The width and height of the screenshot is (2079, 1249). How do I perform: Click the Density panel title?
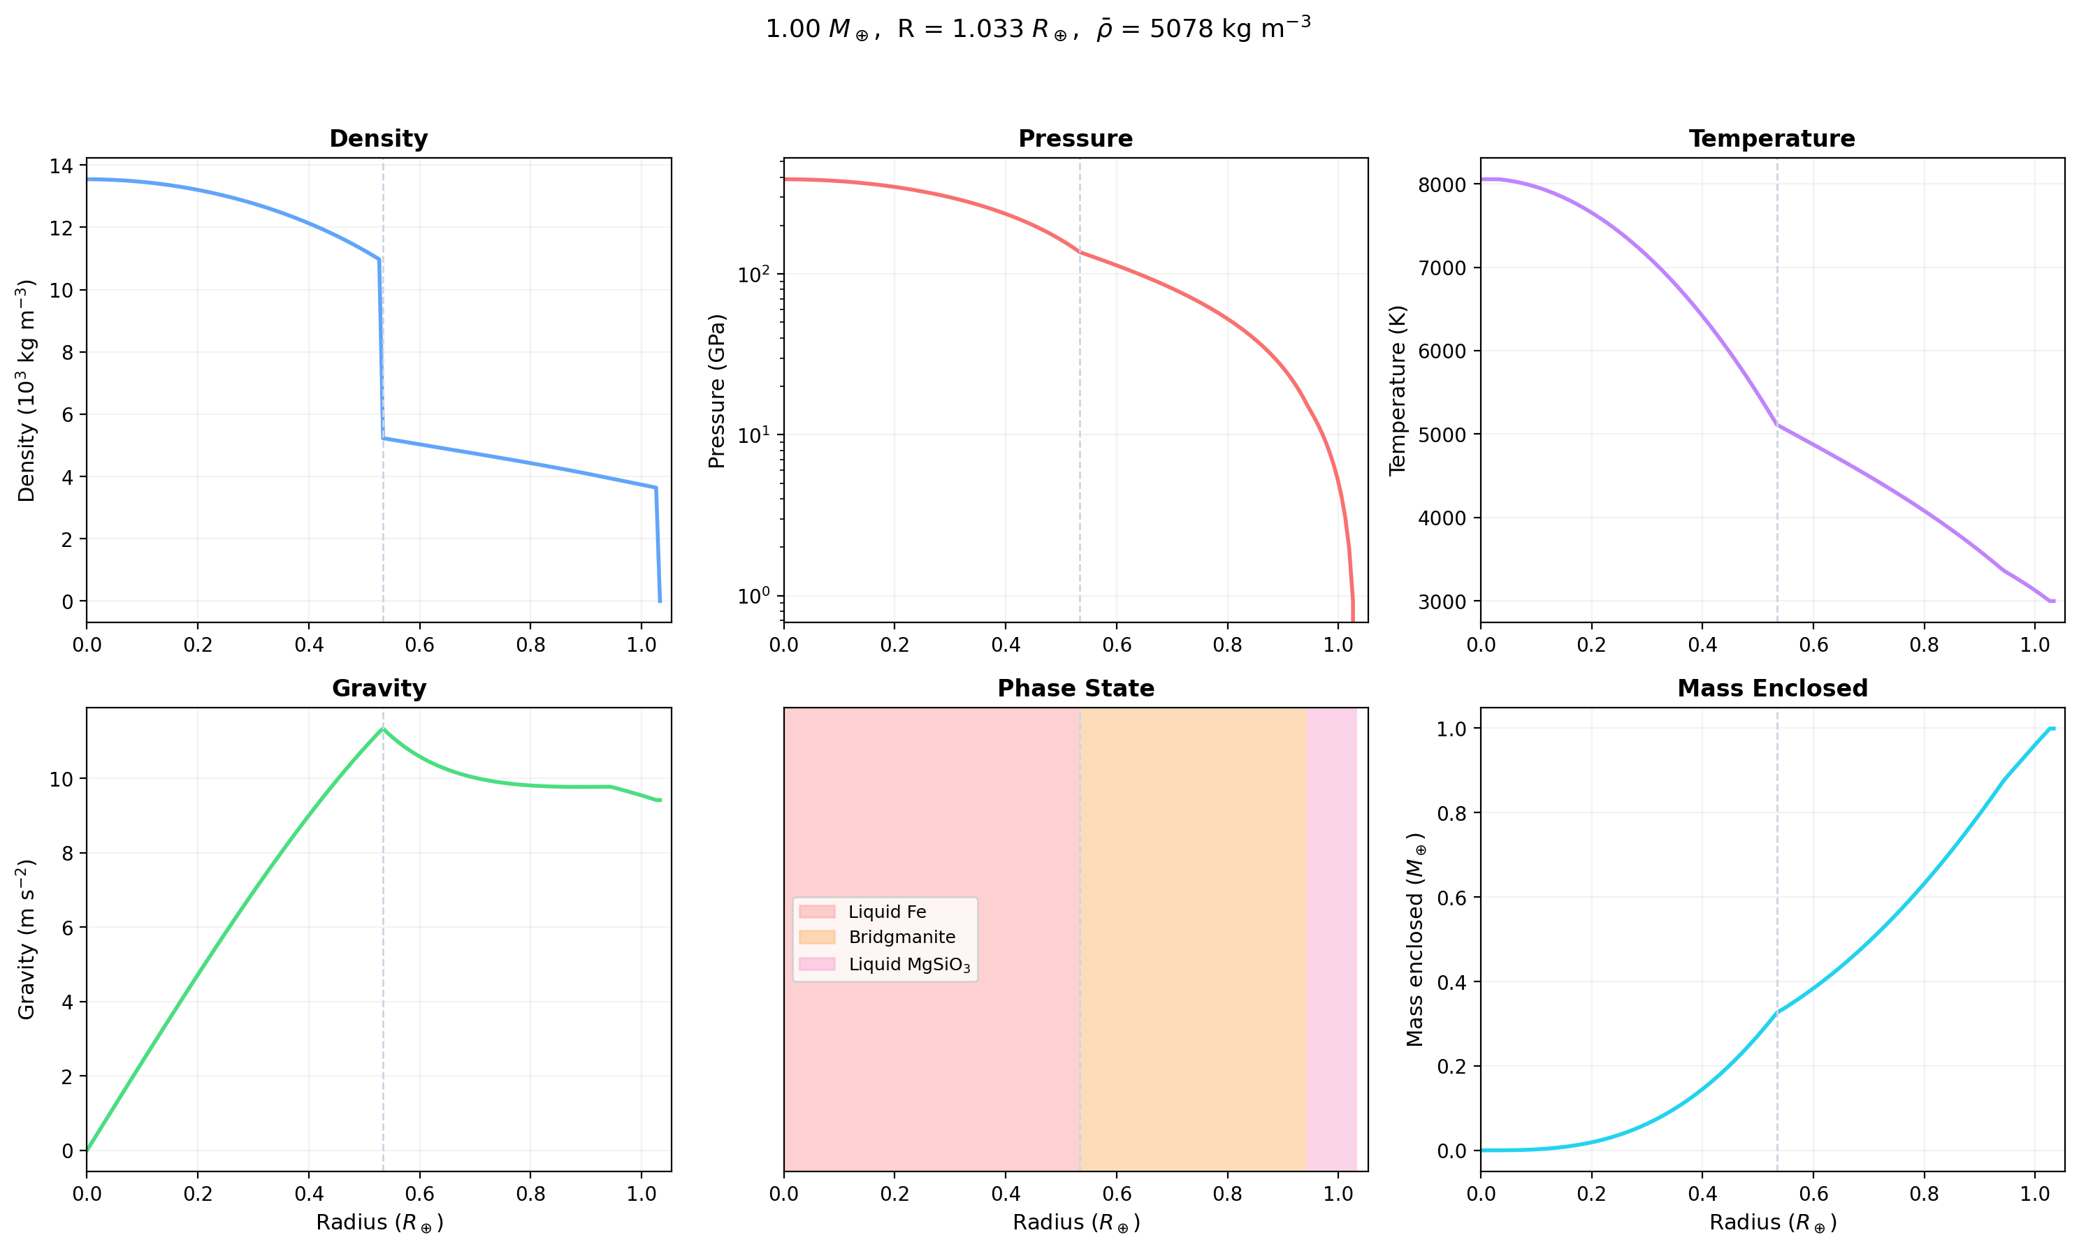click(378, 139)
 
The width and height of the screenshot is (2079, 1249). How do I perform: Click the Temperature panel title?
click(1771, 139)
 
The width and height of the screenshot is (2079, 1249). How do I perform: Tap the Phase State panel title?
click(1075, 689)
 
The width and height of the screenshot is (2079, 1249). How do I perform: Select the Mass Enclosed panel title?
click(1772, 689)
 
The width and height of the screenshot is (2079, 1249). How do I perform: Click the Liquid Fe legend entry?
click(886, 912)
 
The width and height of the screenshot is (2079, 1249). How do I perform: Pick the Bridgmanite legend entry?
click(901, 937)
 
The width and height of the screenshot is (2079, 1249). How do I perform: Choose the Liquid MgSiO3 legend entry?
click(908, 965)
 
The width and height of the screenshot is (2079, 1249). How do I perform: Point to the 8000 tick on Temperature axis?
click(1441, 185)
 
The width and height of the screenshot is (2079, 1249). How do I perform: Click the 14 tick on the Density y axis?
click(61, 166)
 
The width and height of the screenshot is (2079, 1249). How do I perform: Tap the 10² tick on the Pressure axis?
click(754, 275)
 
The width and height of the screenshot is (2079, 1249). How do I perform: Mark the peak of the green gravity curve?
click(383, 729)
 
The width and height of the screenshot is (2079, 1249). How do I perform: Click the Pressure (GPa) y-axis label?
click(717, 390)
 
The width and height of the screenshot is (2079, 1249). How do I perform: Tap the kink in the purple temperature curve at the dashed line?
click(1777, 424)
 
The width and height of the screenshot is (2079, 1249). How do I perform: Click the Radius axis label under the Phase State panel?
click(1075, 1222)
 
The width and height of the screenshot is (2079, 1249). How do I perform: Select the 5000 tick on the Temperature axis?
click(1441, 435)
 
